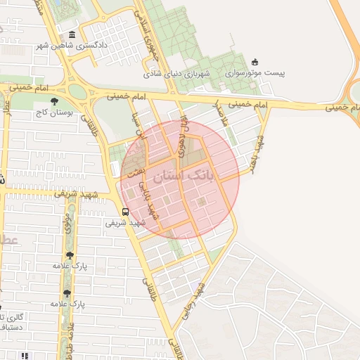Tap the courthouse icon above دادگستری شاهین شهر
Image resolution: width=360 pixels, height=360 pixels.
point(72,35)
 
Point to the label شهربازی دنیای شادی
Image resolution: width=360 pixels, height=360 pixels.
point(177,73)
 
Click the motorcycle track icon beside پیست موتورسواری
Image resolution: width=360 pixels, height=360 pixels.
point(255,62)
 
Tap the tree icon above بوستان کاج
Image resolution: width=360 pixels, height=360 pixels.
point(54,101)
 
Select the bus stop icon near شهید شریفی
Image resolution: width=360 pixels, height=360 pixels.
point(125,211)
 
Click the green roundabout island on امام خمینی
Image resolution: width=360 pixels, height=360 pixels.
point(77,91)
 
